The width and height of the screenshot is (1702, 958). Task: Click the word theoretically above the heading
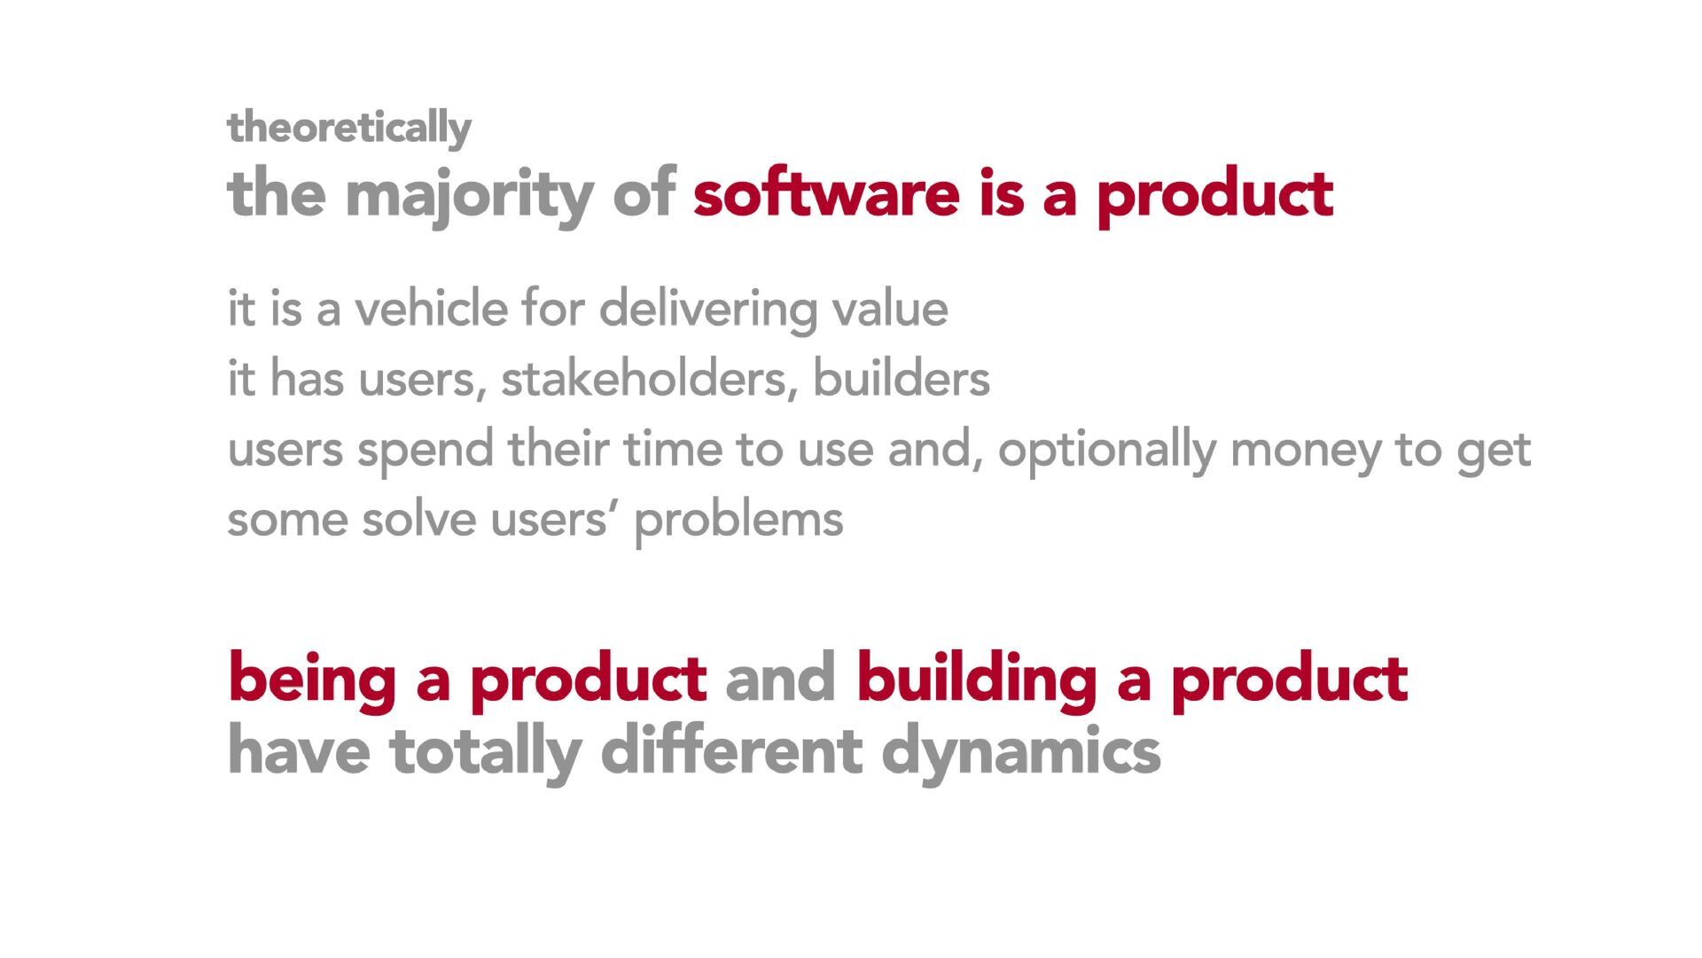pos(349,129)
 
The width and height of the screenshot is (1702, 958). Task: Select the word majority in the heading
pos(469,195)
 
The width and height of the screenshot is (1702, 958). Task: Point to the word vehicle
pos(432,308)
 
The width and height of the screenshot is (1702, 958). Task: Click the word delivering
pos(707,310)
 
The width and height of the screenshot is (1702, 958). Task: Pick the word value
pos(889,309)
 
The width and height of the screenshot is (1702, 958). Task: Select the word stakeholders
pos(644,378)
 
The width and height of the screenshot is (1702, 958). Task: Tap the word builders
pos(901,378)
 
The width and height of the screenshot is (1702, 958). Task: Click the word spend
pos(425,450)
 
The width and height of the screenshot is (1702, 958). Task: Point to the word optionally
pos(1107,450)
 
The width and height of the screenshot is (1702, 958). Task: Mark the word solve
pos(418,519)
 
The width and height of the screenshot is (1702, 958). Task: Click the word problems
pos(738,521)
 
